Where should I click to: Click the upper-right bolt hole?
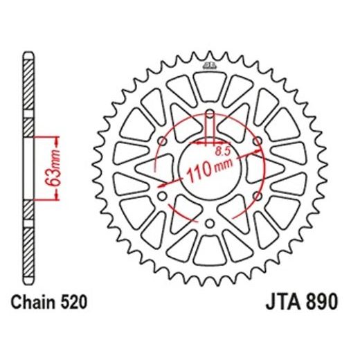[x=257, y=141]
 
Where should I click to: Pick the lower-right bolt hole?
[x=257, y=196]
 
